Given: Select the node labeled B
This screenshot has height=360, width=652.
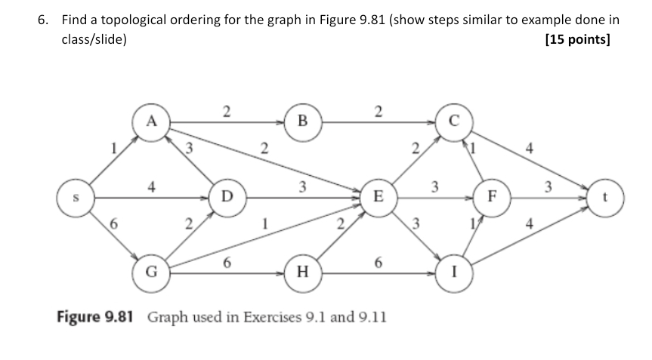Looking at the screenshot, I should coord(304,120).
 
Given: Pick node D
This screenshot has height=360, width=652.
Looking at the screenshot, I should coord(227,197).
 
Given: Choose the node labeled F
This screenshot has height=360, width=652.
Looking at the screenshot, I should coord(493,197).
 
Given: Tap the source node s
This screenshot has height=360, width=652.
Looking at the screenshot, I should coord(76,197).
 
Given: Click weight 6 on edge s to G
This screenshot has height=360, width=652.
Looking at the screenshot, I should coord(113,223).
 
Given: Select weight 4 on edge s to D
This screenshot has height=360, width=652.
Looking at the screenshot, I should coord(153,185).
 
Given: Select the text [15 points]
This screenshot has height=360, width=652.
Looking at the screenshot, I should coord(576,41).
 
